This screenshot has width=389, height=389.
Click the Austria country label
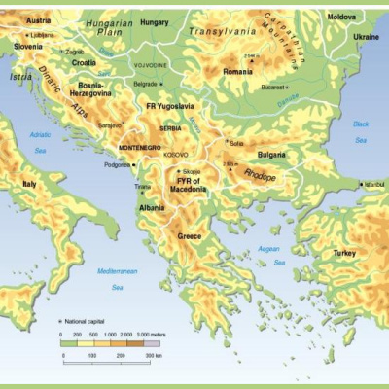(25, 19)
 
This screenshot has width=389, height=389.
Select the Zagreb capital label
(75, 51)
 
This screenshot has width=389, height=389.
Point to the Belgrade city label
(146, 84)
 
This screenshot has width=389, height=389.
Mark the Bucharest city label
(278, 87)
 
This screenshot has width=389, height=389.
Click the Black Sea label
(361, 132)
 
